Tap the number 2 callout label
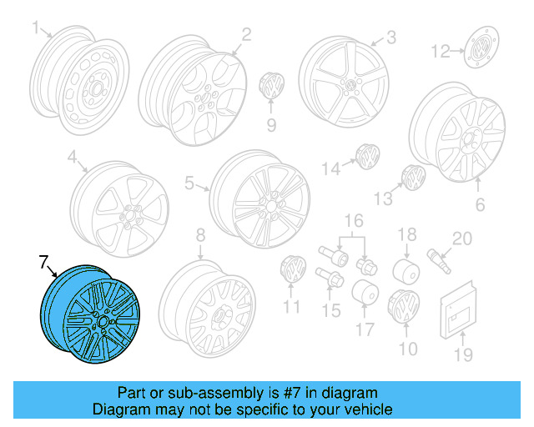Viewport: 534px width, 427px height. click(246, 34)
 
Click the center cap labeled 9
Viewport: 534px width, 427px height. click(271, 86)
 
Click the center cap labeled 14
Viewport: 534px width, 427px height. click(365, 155)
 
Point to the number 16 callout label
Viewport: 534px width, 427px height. click(355, 220)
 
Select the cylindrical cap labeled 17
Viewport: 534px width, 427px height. click(365, 294)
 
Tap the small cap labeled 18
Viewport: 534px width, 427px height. click(406, 269)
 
